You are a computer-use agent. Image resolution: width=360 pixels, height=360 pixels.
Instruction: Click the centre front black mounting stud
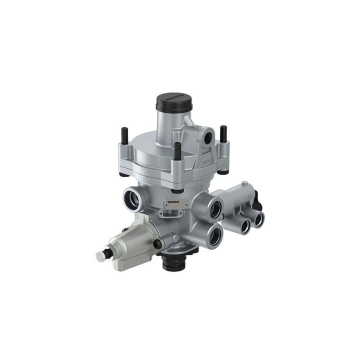pos(177,149)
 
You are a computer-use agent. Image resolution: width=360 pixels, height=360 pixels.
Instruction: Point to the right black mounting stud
pos(223,134)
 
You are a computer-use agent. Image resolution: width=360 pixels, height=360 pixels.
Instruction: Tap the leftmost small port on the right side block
pos(245,226)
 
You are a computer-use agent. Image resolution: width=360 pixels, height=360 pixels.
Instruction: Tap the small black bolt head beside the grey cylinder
pos(156,243)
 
